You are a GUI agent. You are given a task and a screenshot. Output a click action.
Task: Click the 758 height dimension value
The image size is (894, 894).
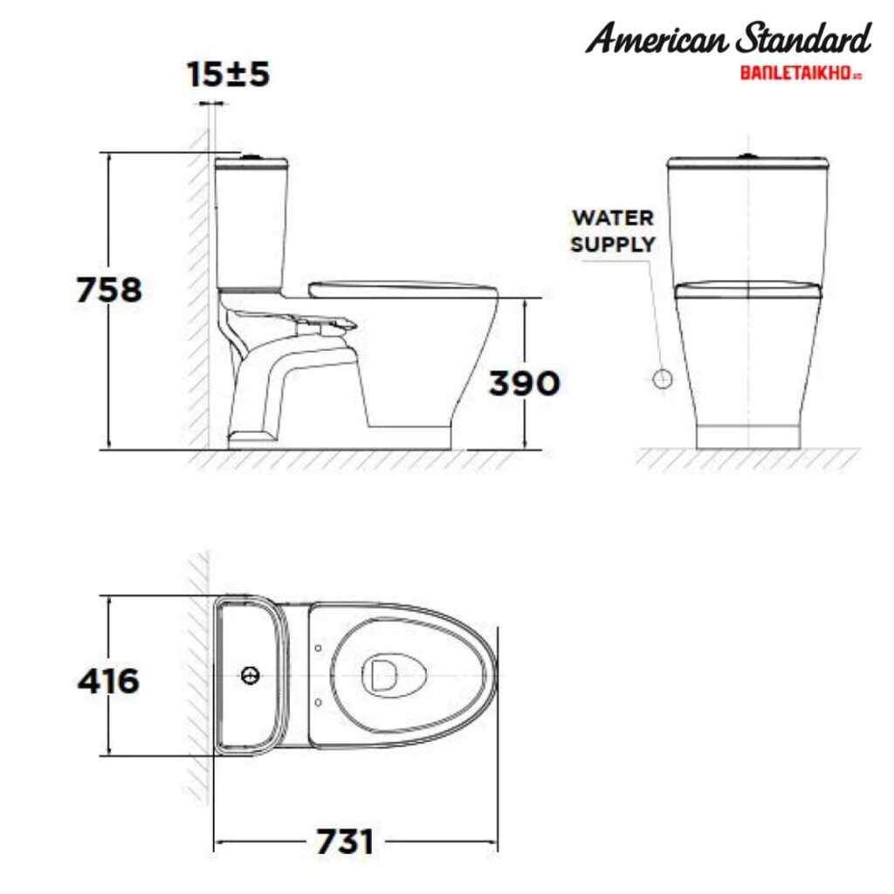(x=109, y=290)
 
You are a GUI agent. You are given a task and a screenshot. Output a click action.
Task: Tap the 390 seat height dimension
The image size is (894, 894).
(x=523, y=382)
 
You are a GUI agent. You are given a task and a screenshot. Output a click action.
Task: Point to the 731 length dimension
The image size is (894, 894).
(x=346, y=842)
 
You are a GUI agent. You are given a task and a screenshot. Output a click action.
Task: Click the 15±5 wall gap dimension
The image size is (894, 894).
(x=228, y=74)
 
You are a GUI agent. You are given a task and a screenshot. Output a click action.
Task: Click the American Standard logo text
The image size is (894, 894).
(x=728, y=39)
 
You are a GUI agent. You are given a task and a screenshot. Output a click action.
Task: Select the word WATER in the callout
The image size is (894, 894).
(x=612, y=217)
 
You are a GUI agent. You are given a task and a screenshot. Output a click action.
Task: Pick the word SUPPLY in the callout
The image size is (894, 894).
(x=612, y=244)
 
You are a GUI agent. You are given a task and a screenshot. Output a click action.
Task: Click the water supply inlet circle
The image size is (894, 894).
(x=663, y=379)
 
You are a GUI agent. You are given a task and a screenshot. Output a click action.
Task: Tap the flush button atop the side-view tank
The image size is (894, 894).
(x=251, y=156)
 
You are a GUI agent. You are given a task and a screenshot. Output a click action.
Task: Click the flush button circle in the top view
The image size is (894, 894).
(x=251, y=675)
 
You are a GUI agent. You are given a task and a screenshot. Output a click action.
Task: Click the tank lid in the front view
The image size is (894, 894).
(x=747, y=163)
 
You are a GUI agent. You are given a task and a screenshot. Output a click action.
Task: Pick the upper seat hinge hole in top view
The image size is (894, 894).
(x=319, y=649)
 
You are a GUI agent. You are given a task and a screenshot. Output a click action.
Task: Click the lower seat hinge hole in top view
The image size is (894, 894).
(x=319, y=700)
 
